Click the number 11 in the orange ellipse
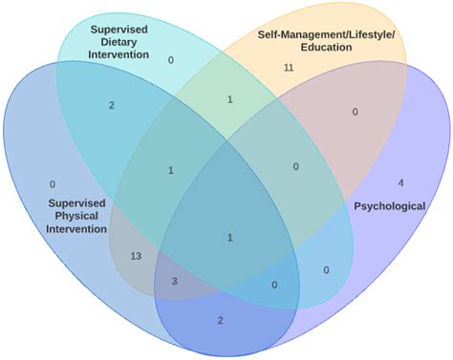289,68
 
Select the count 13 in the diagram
135,256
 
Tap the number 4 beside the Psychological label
400,182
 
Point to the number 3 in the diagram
175,282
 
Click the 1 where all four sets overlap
229,237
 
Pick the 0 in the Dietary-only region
171,60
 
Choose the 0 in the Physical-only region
53,183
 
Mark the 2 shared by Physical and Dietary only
112,105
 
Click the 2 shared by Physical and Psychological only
220,321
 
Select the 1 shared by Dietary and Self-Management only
229,99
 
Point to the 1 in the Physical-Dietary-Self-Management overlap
171,170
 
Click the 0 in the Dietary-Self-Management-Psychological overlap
296,167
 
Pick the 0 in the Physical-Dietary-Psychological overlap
274,285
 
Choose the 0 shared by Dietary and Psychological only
326,270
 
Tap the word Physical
78,216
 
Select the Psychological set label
390,205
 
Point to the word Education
326,48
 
